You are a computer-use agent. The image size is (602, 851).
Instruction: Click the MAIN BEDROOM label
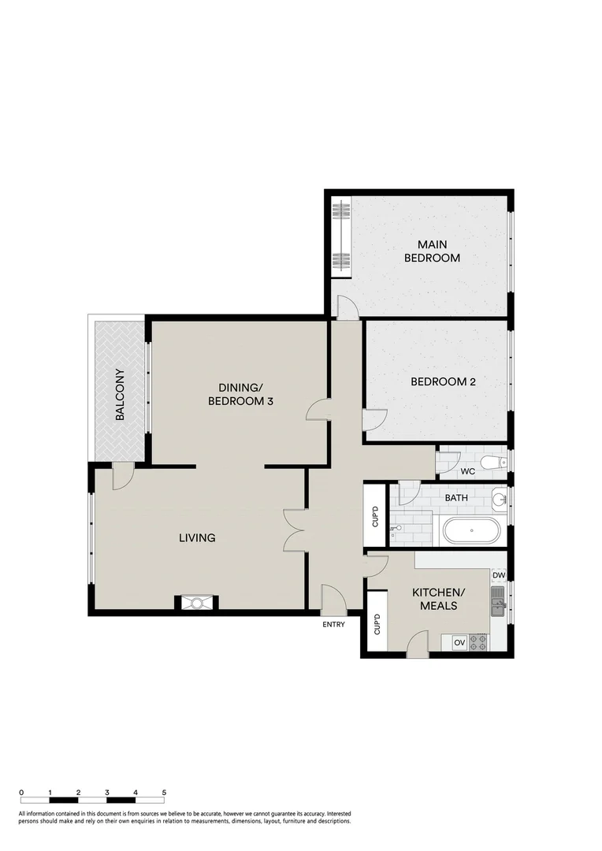click(432, 251)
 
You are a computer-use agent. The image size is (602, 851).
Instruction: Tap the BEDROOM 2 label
click(444, 382)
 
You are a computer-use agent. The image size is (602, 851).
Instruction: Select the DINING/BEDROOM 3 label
click(240, 394)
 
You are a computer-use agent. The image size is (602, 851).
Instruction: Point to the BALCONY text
click(121, 395)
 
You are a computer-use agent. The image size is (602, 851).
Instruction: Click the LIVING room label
click(197, 538)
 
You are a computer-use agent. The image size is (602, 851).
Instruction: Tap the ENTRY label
click(333, 625)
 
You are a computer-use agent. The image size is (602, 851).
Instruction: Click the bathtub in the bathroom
click(471, 530)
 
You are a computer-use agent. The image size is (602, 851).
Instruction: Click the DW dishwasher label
click(498, 576)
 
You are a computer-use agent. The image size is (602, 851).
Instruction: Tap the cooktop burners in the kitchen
click(478, 643)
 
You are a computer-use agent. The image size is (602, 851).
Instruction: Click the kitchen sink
click(498, 606)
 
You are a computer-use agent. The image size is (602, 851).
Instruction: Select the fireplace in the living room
click(196, 603)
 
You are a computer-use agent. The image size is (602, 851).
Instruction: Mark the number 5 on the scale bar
click(164, 792)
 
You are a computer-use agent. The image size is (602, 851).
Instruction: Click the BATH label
click(455, 498)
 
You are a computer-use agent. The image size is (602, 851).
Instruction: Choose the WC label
click(466, 473)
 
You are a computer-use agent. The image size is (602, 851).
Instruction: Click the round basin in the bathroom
click(498, 498)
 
